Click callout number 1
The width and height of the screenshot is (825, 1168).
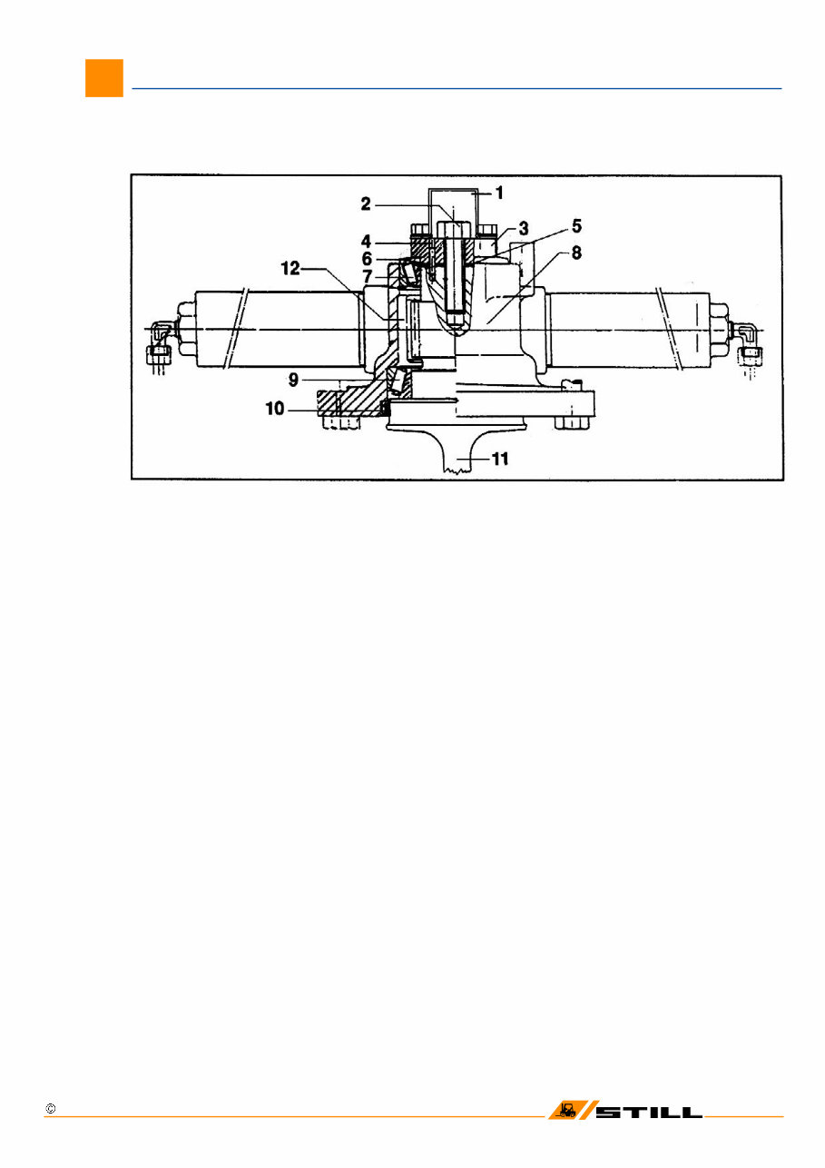coord(498,193)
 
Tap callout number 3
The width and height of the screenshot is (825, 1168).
coord(524,226)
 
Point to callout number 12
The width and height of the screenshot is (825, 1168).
coord(289,268)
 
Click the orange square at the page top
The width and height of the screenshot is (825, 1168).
coord(103,78)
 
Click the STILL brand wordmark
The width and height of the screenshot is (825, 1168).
coord(649,1112)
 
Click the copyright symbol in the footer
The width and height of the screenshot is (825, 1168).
coord(51,1110)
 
